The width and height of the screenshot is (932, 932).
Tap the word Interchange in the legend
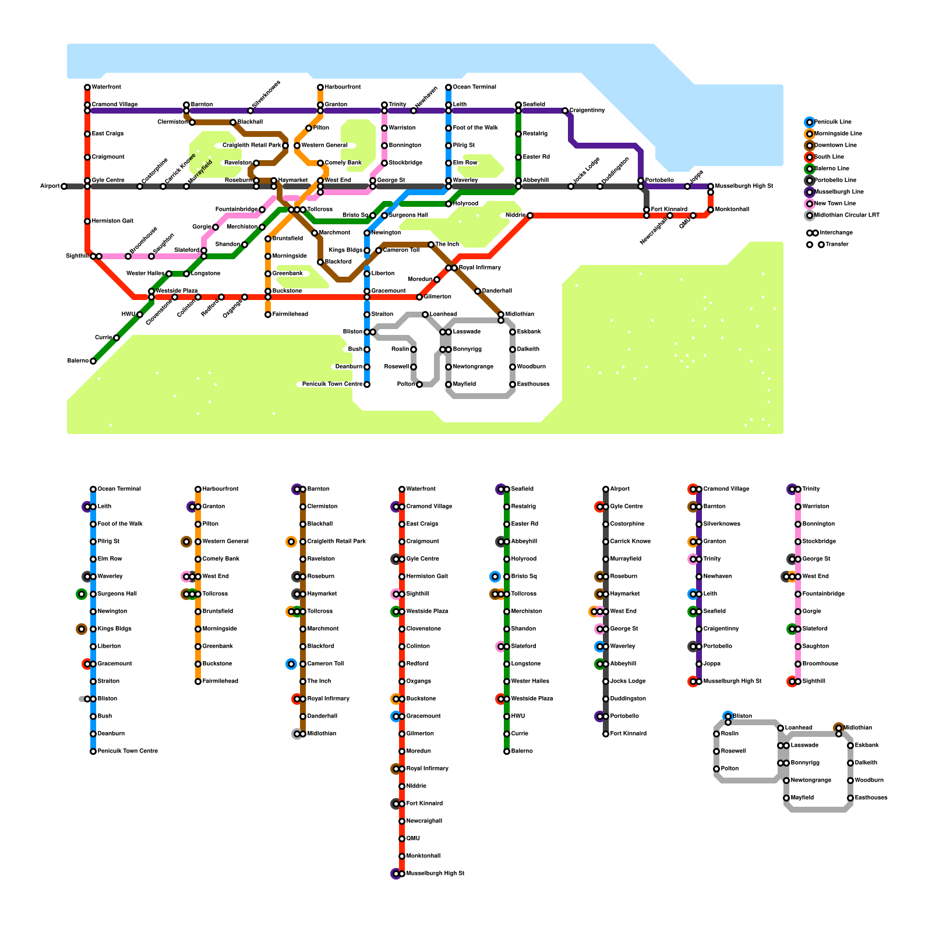(x=836, y=233)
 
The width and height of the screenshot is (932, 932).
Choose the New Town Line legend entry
(x=835, y=204)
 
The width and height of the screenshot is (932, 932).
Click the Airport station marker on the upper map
(x=64, y=186)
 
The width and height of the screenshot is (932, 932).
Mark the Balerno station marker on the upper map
(x=93, y=361)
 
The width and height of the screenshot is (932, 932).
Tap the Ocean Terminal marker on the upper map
(x=449, y=87)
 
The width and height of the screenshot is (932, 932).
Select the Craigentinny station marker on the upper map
(x=565, y=111)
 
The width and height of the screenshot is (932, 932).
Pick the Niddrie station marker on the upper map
(x=530, y=216)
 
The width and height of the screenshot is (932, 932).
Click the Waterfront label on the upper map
(x=107, y=87)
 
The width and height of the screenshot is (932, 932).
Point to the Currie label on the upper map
(x=103, y=338)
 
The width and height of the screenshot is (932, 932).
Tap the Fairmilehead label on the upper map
(x=290, y=315)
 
